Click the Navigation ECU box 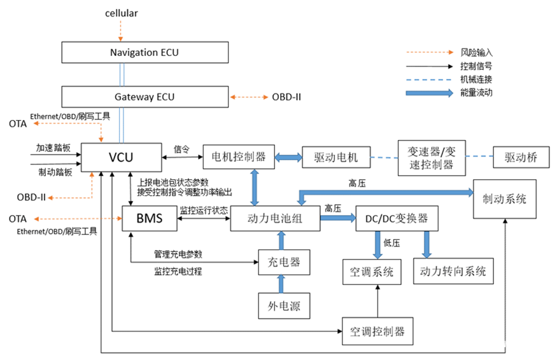coord(145,52)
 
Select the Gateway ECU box coord(145,97)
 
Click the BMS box coord(150,218)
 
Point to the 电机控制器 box coord(239,156)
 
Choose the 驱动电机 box coord(335,157)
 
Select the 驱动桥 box coord(520,157)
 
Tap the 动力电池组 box coord(274,218)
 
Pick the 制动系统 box coord(504,199)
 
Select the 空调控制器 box coord(377,331)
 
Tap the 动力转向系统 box coord(453,271)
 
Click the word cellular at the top coord(121,13)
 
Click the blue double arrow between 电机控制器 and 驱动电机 coord(288,157)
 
